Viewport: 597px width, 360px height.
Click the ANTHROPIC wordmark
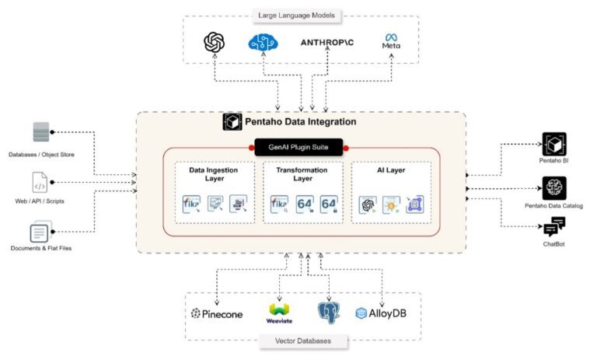click(x=327, y=44)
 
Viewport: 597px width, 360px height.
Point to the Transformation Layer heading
click(x=298, y=174)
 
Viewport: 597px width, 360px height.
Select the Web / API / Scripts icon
click(x=40, y=183)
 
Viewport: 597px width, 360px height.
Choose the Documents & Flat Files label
click(x=41, y=248)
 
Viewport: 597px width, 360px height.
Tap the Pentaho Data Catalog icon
click(x=554, y=187)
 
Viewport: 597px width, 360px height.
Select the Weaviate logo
click(x=280, y=313)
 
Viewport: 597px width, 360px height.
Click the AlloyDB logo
click(x=380, y=313)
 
